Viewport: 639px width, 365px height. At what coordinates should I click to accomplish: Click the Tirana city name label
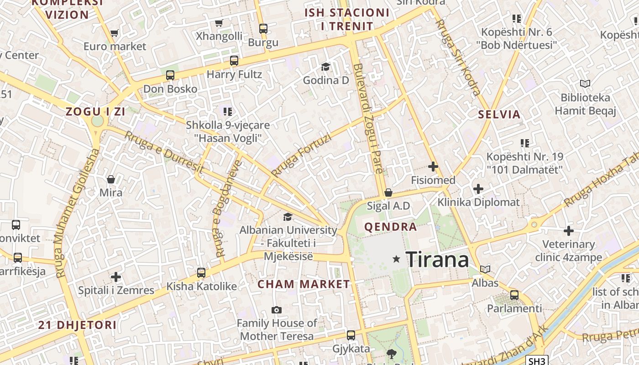point(437,260)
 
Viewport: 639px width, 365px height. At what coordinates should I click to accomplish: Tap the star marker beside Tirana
point(396,259)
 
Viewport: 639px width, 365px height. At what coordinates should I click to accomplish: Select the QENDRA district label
point(390,227)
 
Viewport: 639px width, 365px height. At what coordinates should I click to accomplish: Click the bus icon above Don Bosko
point(170,75)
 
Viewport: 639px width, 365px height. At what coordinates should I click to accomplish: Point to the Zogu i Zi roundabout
point(97,121)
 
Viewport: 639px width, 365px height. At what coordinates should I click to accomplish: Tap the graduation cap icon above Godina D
point(325,67)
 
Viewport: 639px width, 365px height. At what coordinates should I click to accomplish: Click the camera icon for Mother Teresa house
point(276,310)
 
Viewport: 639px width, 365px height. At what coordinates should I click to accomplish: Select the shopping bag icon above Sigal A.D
point(388,193)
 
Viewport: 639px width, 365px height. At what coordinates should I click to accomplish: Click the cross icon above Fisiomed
point(433,167)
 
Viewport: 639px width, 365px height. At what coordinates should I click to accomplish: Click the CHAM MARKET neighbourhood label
point(304,284)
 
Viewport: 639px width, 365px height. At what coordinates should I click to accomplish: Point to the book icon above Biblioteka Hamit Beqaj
point(585,83)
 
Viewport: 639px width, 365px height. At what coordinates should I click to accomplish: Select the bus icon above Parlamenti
point(514,295)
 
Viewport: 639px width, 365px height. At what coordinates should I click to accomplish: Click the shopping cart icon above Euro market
point(114,33)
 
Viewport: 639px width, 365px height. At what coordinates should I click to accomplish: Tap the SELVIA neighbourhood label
point(499,115)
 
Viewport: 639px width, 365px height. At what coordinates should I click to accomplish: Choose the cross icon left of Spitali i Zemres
point(116,277)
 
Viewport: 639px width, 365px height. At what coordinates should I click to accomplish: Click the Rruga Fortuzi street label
point(301,156)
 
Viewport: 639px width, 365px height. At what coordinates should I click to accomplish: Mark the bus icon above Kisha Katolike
point(201,273)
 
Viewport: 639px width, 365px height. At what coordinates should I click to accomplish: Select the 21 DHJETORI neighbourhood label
point(77,325)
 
